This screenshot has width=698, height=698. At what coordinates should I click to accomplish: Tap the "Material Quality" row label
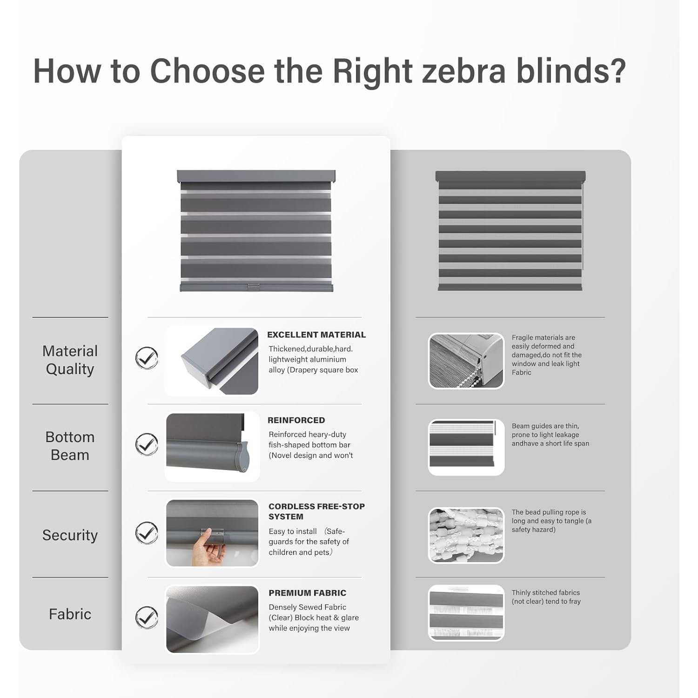coord(70,360)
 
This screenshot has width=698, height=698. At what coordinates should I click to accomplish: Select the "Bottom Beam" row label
coord(70,446)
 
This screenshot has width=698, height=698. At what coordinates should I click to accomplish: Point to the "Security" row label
coord(70,535)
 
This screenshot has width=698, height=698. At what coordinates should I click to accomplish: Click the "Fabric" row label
coord(70,614)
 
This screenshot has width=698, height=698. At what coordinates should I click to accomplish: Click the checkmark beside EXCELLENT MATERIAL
coord(147,358)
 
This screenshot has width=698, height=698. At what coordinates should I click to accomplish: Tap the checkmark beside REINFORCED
coord(147,444)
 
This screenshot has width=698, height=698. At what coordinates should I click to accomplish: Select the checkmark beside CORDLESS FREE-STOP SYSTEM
coord(147,533)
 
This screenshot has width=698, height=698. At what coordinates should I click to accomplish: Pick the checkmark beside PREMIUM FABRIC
coord(147,617)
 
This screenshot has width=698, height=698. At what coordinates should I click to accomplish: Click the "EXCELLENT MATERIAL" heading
coord(316,335)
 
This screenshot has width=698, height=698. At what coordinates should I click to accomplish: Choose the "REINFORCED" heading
coord(296,420)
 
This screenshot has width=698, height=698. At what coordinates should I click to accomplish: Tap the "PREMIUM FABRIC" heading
coord(308,593)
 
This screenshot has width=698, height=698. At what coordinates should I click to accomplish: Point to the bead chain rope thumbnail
coord(466,535)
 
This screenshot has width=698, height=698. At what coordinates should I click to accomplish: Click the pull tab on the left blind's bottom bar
coord(254,287)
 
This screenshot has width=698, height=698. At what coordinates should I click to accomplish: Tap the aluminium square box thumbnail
coord(212,361)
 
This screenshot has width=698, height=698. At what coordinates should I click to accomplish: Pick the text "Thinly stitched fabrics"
coord(546,592)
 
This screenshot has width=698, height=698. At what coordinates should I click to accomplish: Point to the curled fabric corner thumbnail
coord(212,619)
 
